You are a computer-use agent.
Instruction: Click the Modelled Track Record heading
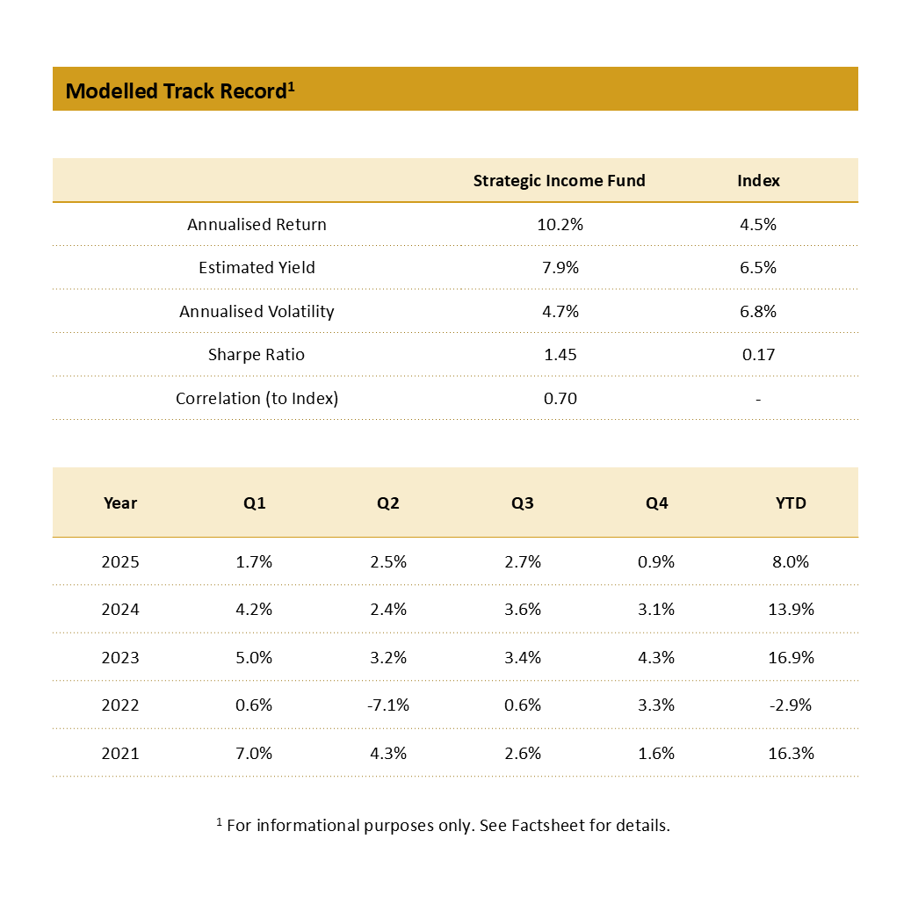179,90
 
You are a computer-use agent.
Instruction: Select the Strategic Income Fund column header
559,181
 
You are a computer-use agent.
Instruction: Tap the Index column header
758,181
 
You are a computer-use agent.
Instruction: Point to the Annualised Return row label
257,224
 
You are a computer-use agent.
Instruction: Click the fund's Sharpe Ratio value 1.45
560,355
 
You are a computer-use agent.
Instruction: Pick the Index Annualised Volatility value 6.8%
758,311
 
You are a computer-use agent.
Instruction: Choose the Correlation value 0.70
560,398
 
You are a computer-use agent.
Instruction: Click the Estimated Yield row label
257,268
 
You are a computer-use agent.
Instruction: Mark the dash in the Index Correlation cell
758,399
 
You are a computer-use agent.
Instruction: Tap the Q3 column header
523,503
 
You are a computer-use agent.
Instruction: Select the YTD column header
792,503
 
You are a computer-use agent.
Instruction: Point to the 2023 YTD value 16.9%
792,657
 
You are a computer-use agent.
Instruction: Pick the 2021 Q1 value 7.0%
254,753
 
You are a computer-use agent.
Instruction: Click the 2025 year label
120,562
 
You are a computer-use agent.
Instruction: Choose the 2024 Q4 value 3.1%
656,610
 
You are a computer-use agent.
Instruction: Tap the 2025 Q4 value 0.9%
656,562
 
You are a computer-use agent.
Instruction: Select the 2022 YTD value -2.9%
792,705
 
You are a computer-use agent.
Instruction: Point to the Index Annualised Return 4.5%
758,224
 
